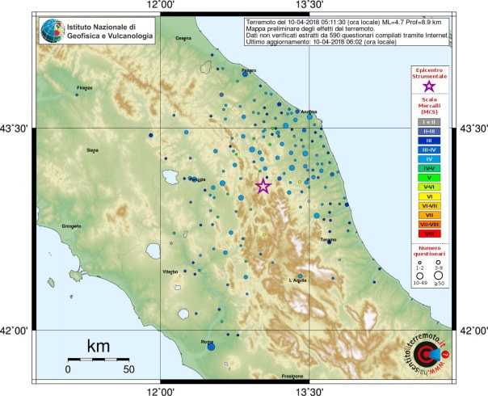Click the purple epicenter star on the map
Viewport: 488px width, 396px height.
[263, 187]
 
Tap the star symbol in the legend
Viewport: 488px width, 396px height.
[429, 85]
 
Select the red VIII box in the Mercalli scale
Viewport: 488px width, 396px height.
[429, 234]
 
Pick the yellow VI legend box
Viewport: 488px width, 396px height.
[429, 196]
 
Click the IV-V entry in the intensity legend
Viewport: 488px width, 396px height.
[429, 167]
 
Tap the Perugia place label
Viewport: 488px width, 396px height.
[197, 179]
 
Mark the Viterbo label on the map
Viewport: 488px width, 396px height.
[170, 272]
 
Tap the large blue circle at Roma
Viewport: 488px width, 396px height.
[211, 347]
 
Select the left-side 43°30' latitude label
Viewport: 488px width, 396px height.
[15, 128]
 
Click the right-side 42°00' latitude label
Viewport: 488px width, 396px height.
[473, 330]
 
